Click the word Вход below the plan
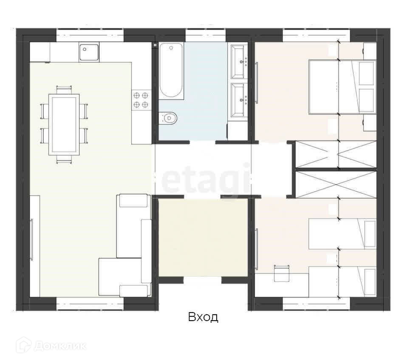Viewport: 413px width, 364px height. (x=203, y=317)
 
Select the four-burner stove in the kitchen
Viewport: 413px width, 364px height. (x=141, y=100)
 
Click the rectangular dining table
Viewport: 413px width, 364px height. (x=64, y=125)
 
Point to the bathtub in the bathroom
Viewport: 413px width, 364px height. (x=171, y=71)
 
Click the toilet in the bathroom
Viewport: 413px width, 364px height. (x=167, y=118)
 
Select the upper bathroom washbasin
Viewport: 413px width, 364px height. (x=239, y=62)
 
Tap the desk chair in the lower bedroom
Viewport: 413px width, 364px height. (x=282, y=273)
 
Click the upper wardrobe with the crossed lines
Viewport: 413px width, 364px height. (x=336, y=154)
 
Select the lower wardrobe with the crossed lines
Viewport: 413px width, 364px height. (x=336, y=184)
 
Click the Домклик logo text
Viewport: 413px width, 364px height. (x=60, y=346)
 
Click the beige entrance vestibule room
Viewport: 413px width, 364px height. (x=203, y=238)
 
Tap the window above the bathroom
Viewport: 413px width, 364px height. (x=206, y=35)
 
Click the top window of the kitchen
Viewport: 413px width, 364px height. (x=90, y=35)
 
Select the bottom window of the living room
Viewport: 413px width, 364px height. (x=90, y=303)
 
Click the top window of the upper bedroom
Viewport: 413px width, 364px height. (x=316, y=35)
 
